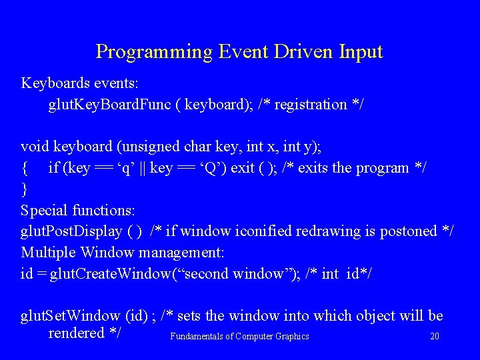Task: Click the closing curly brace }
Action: tap(25, 189)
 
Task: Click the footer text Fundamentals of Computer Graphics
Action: tap(239, 337)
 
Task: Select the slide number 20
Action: tap(435, 337)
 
